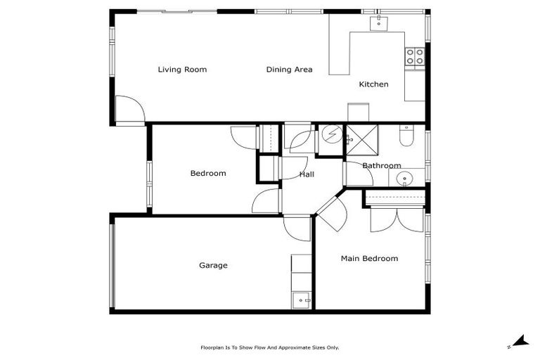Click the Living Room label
(x=182, y=70)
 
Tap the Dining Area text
(x=289, y=70)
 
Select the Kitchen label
(x=373, y=84)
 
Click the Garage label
(x=213, y=265)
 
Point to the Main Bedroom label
(x=369, y=259)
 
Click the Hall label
(x=307, y=174)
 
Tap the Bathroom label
(x=382, y=166)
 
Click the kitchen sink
(x=379, y=23)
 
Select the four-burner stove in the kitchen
(x=414, y=56)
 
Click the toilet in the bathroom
(x=406, y=136)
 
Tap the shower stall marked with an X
(x=361, y=139)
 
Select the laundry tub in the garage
(x=302, y=300)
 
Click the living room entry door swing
(x=129, y=110)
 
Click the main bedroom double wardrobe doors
(x=397, y=219)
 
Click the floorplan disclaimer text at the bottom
(x=269, y=347)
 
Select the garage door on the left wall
(x=112, y=263)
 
